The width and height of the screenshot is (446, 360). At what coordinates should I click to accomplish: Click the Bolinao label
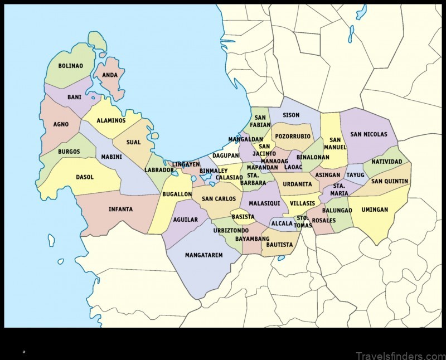(x=71, y=66)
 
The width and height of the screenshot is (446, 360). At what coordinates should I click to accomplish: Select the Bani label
(x=74, y=97)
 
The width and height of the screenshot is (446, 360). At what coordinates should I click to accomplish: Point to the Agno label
(x=61, y=124)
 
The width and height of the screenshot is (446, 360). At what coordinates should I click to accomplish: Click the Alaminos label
(x=111, y=120)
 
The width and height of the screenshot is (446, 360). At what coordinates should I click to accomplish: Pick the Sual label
(x=133, y=142)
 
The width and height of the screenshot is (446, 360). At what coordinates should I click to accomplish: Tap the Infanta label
(x=120, y=209)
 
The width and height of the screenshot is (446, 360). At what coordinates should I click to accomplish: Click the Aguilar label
(x=186, y=220)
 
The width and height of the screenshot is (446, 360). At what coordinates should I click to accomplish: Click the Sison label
(x=291, y=115)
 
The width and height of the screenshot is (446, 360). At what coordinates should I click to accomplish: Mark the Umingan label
(x=390, y=210)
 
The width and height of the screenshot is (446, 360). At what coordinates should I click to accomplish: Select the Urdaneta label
(x=297, y=184)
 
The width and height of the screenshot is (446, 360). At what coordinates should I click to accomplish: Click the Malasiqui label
(x=264, y=203)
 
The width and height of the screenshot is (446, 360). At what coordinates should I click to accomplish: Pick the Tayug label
(x=355, y=175)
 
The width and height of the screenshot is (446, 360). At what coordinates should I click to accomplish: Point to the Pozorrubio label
(x=292, y=136)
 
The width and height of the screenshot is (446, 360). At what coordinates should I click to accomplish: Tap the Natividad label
(x=386, y=162)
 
